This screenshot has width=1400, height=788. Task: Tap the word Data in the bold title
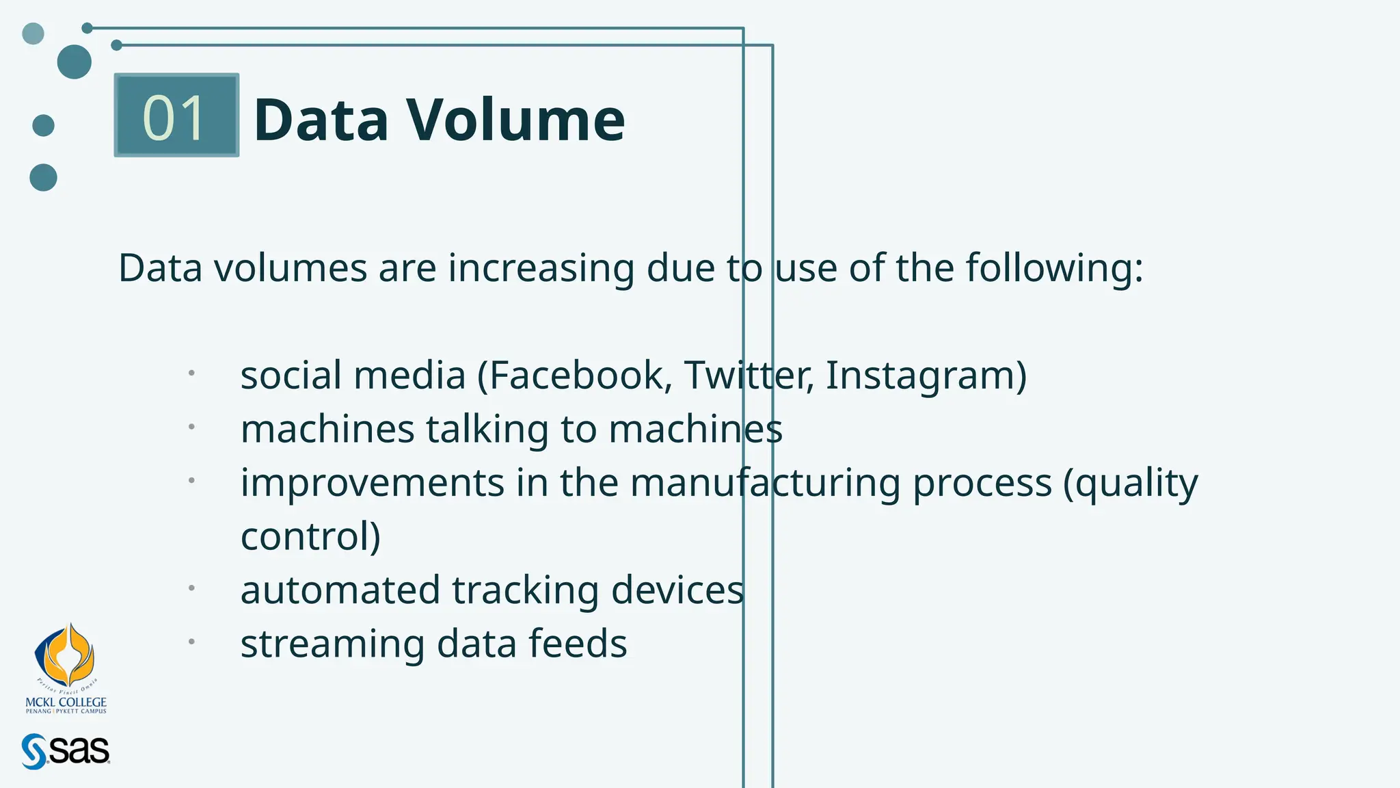[321, 120]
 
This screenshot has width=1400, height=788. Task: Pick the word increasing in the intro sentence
[541, 268]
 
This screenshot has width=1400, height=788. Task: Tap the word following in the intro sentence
[1053, 268]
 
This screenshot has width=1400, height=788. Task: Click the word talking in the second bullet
[487, 430]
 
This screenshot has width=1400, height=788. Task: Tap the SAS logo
[66, 751]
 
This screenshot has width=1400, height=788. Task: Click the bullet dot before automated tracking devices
[192, 588]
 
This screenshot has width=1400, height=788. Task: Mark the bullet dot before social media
[192, 373]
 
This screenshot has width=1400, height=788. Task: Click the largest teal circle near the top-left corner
[75, 62]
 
